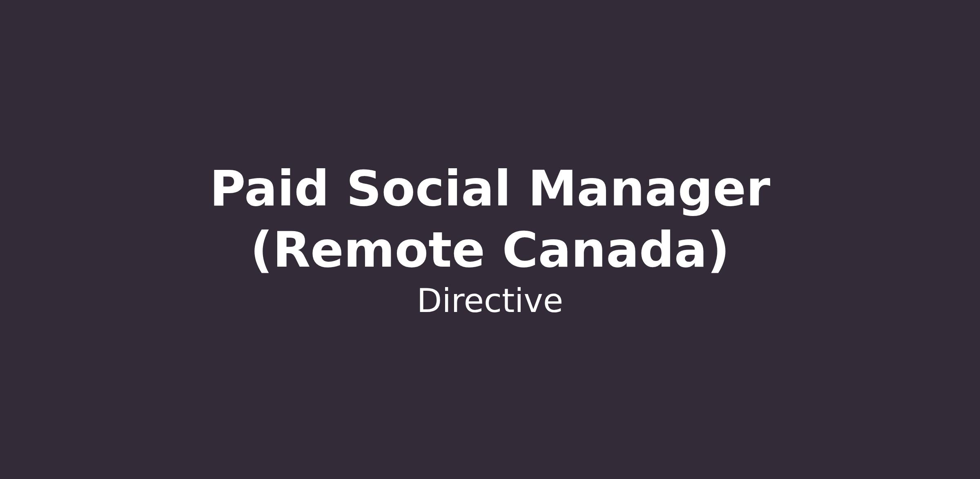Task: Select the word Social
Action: pyautogui.click(x=429, y=188)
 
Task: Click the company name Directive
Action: pyautogui.click(x=490, y=301)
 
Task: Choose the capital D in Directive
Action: pyautogui.click(x=430, y=301)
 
